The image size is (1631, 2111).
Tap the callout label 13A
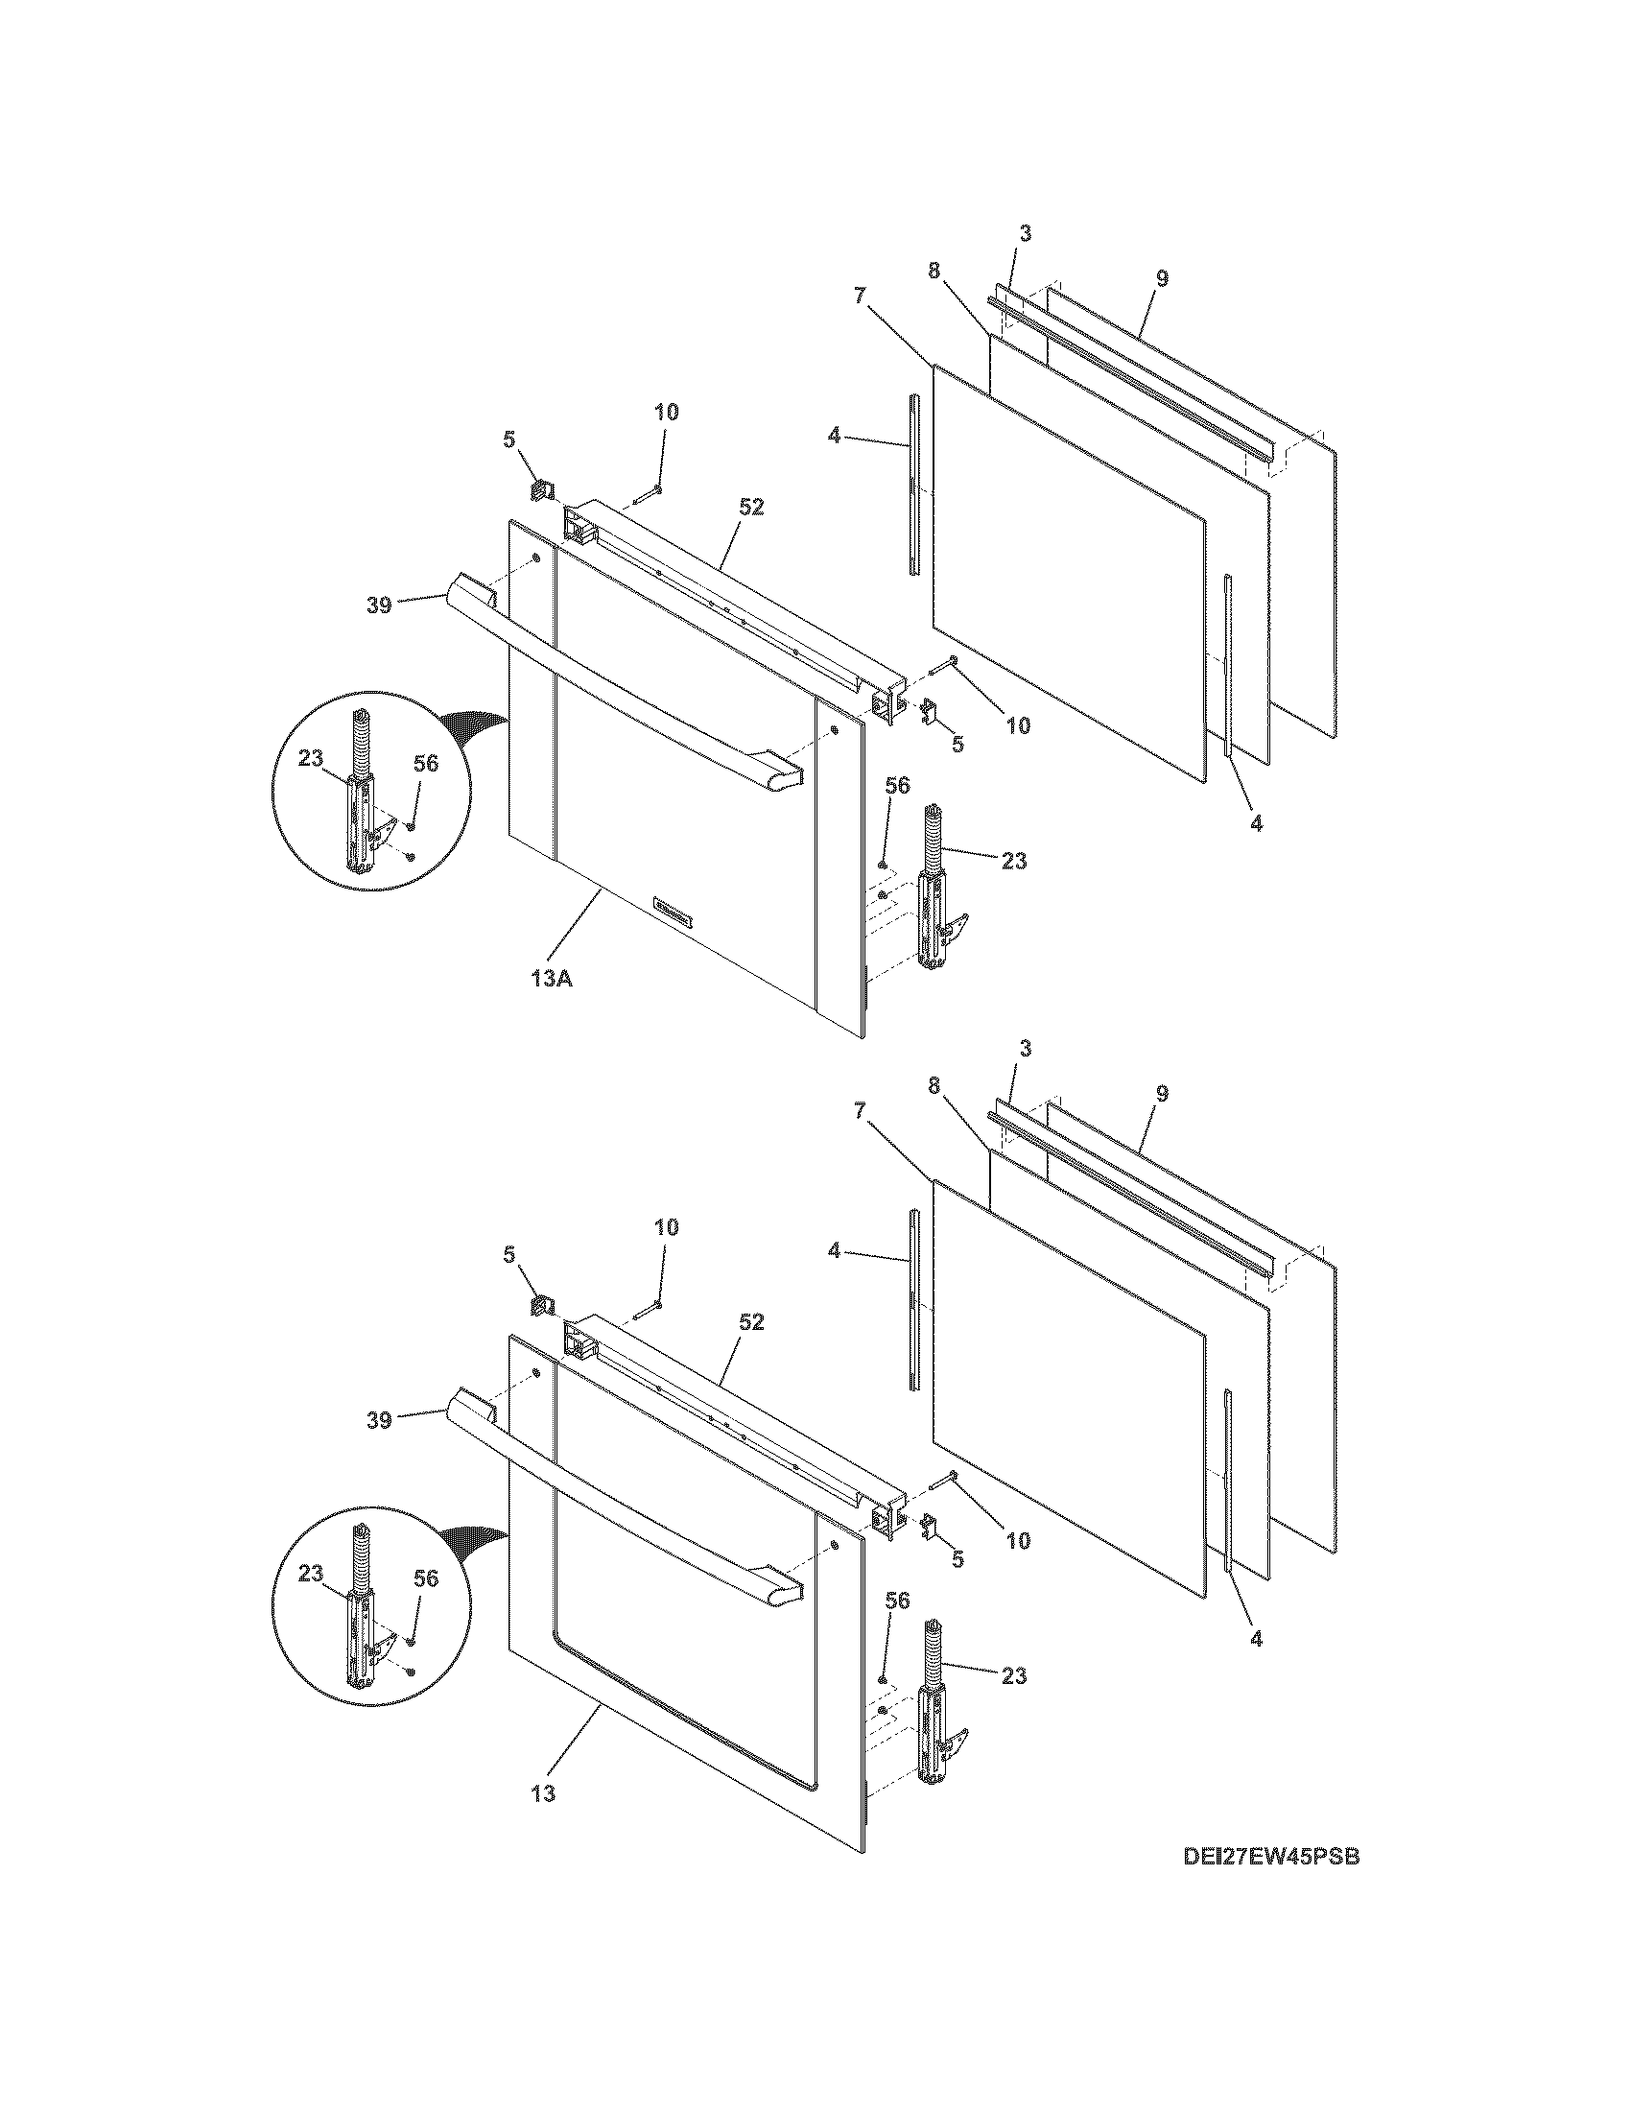coord(551,978)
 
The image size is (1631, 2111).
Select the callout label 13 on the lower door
coord(543,1794)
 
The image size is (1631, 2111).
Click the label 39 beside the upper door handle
coord(379,605)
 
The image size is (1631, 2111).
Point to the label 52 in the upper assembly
coord(751,507)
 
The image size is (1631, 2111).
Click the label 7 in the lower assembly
coord(860,1110)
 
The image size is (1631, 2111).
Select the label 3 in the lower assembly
coord(1026,1048)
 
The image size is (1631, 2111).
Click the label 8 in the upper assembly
coord(934,272)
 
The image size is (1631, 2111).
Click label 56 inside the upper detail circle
coord(425,764)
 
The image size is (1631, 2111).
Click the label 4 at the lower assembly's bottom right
coord(1256,1638)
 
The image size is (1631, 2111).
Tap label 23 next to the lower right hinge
coord(1013,1675)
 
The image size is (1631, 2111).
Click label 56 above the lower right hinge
coord(897,1601)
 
